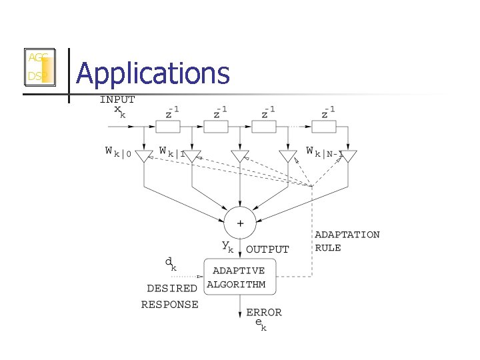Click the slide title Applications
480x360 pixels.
pos(153,73)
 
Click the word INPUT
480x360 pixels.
pos(117,100)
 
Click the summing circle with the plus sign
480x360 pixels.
pos(240,222)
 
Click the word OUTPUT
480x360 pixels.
pos(268,249)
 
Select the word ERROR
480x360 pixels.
pos(264,312)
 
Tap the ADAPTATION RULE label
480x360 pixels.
pos(347,241)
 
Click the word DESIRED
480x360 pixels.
pos(172,289)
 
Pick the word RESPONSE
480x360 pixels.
pos(169,305)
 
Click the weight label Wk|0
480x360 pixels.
pos(119,153)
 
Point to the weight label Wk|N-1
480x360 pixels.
pos(324,153)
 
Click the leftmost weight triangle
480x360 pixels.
pos(144,157)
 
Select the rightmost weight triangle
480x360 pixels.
pos(348,157)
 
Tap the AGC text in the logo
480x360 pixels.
pos(37,58)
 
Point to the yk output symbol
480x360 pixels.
pos(228,247)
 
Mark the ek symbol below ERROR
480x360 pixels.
pos(261,324)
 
